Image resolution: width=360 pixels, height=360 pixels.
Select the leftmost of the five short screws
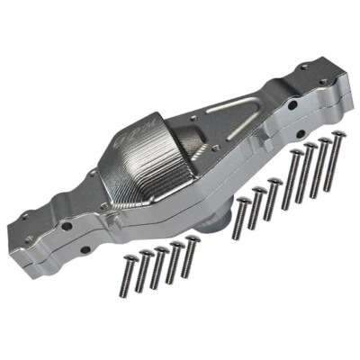130,275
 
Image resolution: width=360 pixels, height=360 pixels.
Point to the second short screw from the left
146,270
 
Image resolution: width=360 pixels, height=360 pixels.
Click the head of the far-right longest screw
338,136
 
